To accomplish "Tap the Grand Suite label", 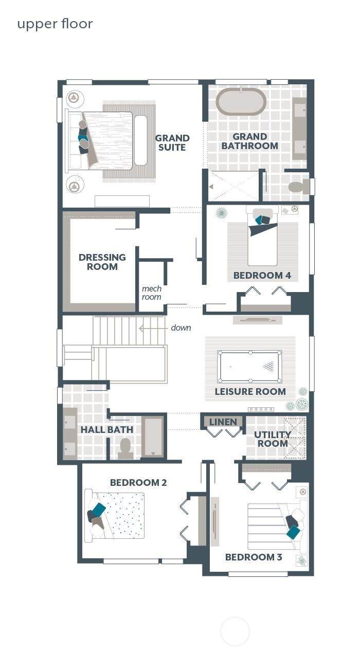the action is click(172, 142).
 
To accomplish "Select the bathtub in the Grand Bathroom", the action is click(241, 102).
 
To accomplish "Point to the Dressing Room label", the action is click(102, 262).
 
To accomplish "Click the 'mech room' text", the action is click(152, 293).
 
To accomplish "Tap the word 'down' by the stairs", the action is click(181, 328).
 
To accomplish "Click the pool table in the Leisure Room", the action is click(249, 367).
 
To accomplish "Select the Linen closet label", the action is click(223, 422).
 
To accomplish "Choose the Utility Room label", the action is click(273, 439).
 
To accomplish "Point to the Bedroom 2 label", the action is click(138, 482).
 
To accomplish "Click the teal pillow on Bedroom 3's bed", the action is click(293, 532).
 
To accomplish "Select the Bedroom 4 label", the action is click(262, 275).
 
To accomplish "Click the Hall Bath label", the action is click(106, 429).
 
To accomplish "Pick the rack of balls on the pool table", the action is click(268, 367).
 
